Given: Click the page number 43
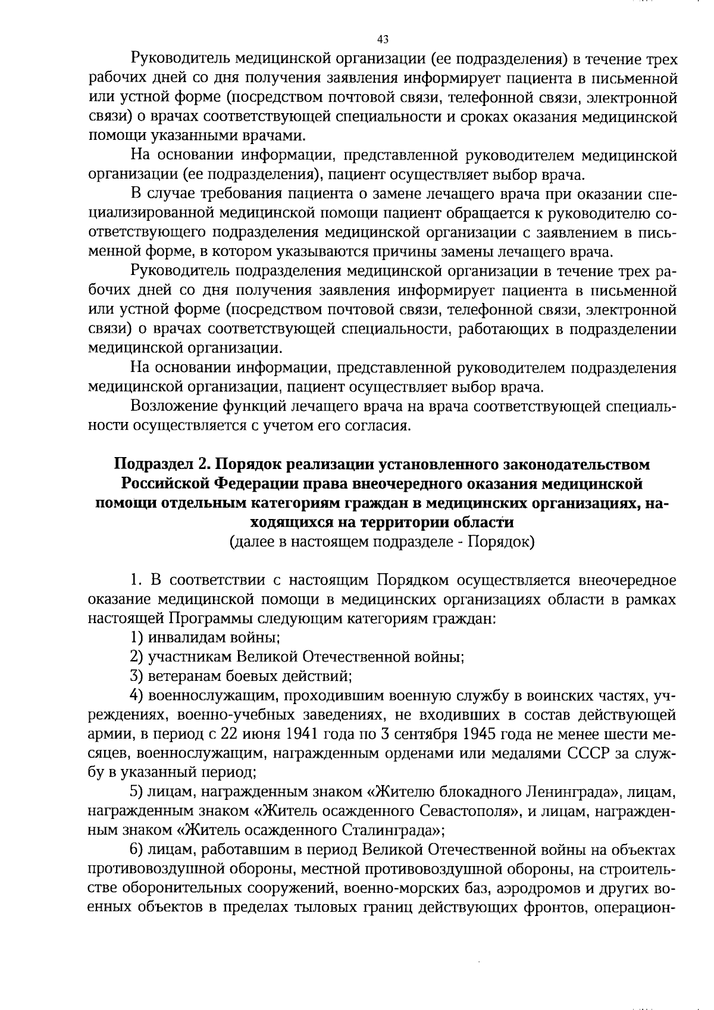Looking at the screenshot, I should point(383,40).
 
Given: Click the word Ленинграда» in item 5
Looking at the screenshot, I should point(571,792).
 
